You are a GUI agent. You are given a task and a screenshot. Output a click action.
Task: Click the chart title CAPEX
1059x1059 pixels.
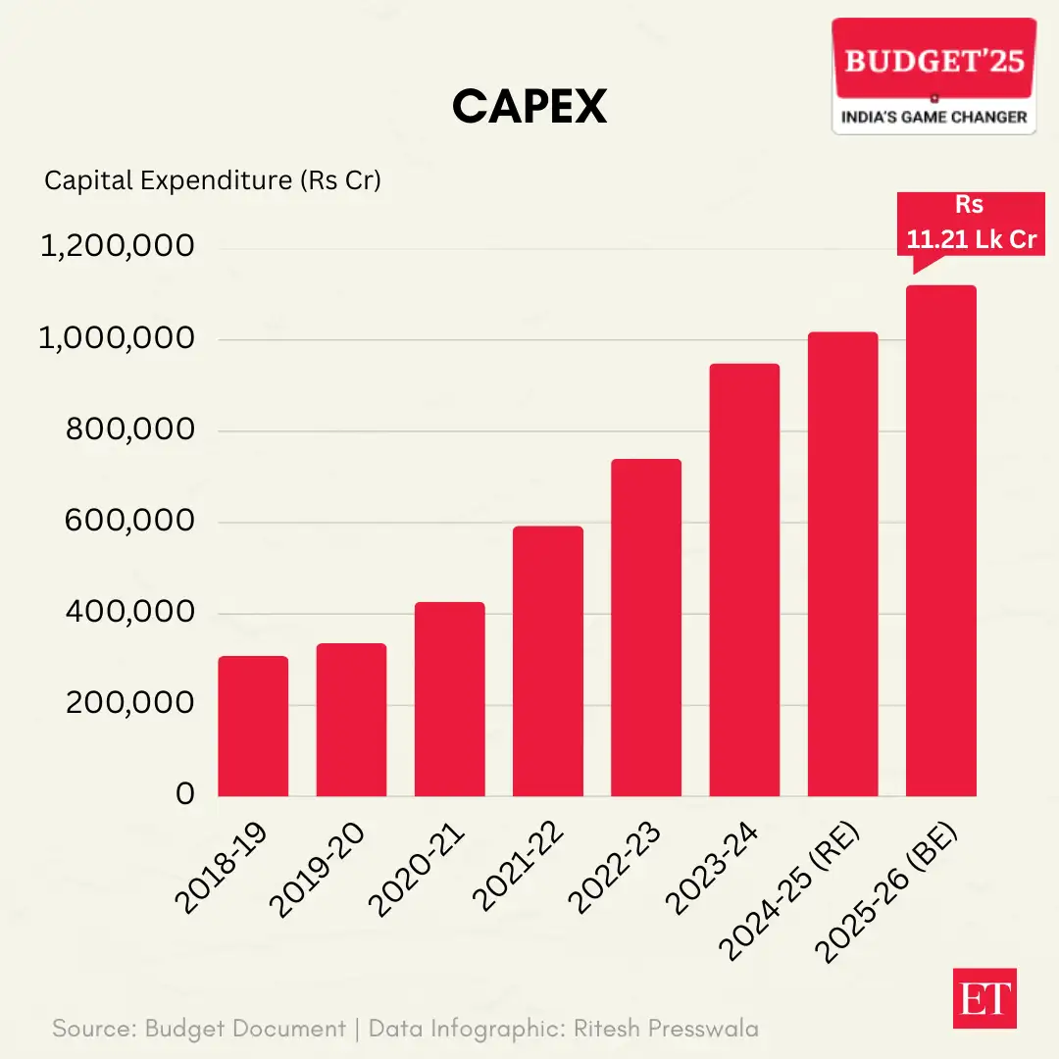529,107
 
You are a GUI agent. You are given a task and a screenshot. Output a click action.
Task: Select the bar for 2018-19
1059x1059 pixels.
253,726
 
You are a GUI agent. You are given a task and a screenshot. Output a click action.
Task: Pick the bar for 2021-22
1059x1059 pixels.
547,661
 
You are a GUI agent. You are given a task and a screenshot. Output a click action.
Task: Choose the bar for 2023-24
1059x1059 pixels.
744,580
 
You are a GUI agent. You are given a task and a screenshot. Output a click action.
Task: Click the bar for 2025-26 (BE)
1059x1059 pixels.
940,540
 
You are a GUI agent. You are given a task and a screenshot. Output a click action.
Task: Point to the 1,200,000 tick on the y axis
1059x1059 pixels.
117,247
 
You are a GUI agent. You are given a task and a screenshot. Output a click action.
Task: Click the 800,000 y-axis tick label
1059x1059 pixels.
129,429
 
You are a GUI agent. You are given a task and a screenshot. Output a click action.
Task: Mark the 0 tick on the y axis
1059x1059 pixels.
185,794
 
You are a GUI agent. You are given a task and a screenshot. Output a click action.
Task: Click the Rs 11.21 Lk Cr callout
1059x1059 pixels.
970,224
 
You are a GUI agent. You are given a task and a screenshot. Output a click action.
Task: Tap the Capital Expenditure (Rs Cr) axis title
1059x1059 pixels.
213,180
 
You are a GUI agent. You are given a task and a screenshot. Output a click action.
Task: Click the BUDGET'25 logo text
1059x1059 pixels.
933,62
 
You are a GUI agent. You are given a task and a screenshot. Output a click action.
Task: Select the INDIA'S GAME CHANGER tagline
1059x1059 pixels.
933,118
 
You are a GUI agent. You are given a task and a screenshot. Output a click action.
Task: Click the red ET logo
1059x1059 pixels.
984,999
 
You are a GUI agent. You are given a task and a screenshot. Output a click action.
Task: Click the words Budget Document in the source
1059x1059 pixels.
245,1029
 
